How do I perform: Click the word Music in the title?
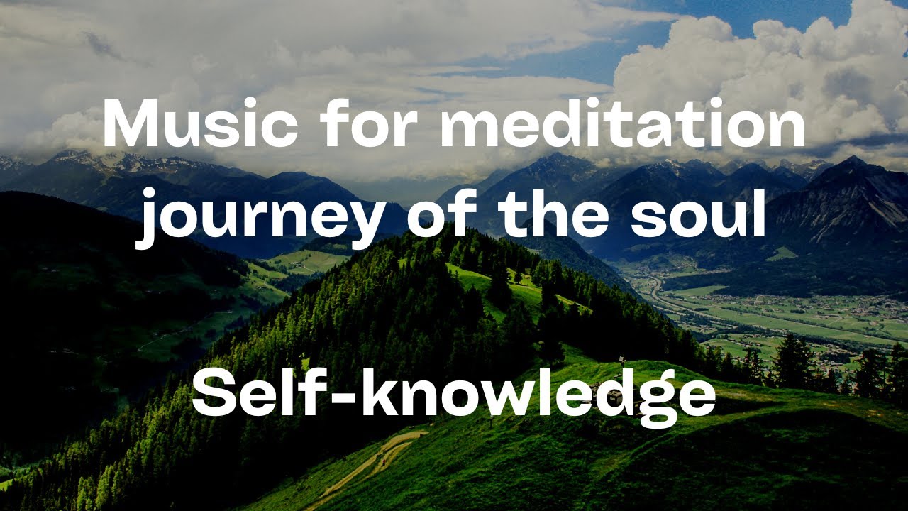click(x=200, y=125)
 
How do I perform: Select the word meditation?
click(x=623, y=125)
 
